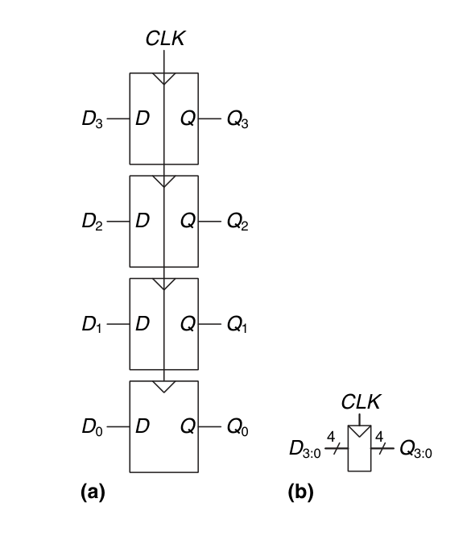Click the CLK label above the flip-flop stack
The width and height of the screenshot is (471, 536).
coord(165,39)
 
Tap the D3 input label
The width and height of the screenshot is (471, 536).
coord(93,119)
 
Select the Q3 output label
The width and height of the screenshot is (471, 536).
coord(238,119)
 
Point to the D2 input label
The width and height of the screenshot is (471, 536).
coord(93,222)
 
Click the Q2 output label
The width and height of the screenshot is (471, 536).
coord(238,222)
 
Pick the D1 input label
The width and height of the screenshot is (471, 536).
coord(92,324)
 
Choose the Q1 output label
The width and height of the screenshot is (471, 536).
coord(237,324)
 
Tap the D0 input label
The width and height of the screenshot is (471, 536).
coord(93,427)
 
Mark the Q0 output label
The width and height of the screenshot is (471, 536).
coord(238,427)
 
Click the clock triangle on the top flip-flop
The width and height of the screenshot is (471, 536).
coord(164,78)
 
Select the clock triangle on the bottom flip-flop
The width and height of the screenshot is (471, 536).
coord(164,386)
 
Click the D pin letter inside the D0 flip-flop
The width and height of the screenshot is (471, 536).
coord(143,426)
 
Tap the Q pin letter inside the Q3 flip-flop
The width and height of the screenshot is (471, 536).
coord(188,118)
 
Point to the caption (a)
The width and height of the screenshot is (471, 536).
coord(93,492)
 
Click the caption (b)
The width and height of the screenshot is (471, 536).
coord(300,492)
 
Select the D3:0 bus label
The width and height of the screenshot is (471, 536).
coord(305,449)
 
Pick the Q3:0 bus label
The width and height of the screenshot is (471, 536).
coord(416,449)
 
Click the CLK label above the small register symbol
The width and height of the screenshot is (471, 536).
coord(361,402)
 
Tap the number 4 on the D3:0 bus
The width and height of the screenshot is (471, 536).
coord(331,437)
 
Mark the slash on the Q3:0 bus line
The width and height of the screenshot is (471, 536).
coord(382,448)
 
